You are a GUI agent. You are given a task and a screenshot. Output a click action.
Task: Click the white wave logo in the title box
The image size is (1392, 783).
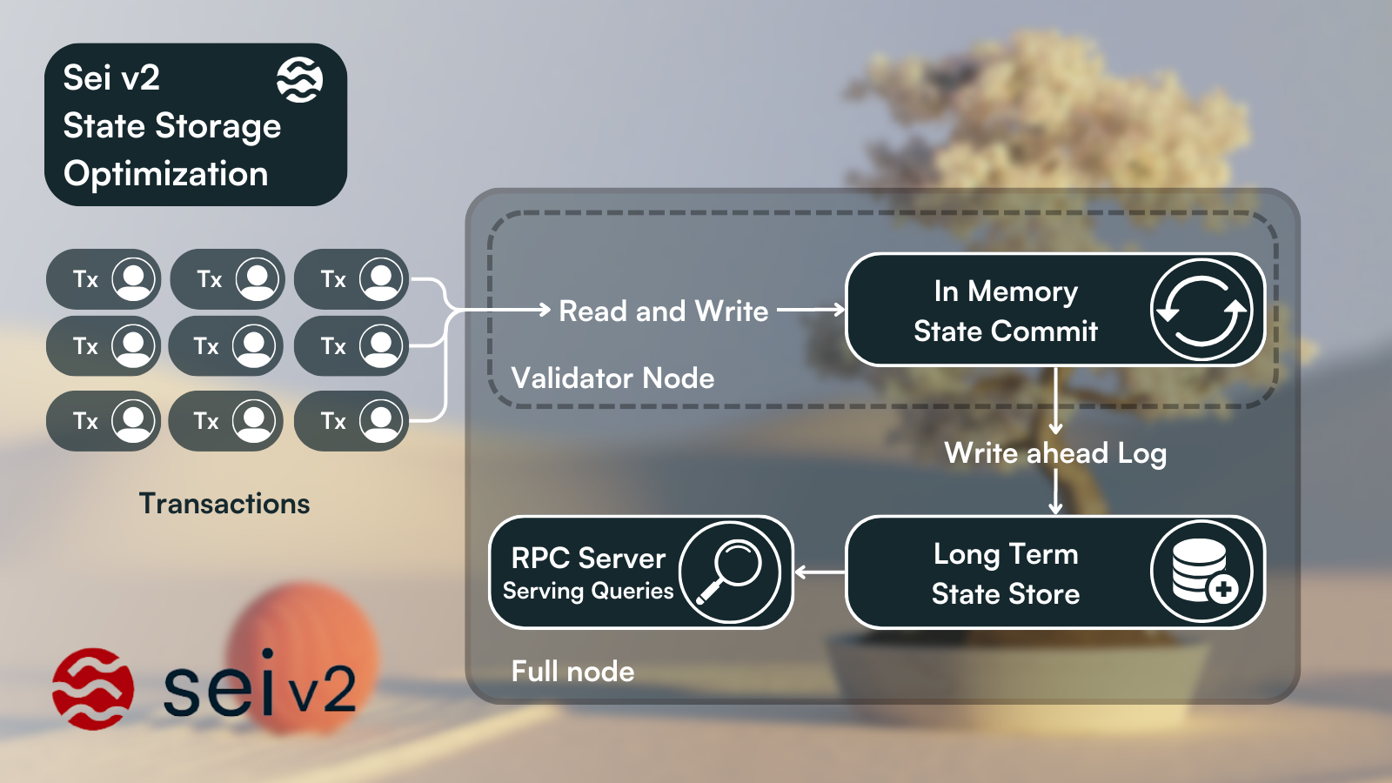300,80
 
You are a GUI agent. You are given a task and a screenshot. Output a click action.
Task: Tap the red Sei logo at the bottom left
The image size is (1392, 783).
93,688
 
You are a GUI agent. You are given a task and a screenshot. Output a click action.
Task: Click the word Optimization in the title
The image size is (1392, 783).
166,174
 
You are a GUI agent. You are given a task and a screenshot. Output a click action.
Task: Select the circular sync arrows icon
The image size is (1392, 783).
1201,311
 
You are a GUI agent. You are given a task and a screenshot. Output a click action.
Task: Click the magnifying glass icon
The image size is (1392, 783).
730,572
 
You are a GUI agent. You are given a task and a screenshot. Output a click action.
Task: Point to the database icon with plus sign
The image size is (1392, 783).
1201,572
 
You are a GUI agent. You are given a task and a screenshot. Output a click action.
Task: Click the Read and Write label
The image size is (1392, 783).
664,311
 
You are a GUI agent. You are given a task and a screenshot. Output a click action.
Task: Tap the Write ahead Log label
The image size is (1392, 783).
1055,453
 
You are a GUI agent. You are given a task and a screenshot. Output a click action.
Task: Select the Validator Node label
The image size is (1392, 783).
613,378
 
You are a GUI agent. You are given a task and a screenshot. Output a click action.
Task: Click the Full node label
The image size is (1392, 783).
573,672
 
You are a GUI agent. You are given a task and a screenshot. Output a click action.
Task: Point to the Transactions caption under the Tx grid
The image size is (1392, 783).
224,504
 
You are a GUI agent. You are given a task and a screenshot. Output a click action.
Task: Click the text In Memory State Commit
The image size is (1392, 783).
1006,311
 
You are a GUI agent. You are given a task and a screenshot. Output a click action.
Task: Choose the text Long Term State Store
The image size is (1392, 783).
1006,573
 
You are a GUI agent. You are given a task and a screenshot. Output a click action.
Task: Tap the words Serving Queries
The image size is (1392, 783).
588,592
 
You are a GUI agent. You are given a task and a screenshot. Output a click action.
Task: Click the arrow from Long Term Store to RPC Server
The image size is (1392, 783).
820,572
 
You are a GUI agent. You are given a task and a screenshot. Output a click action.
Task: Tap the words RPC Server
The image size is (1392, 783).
588,558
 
